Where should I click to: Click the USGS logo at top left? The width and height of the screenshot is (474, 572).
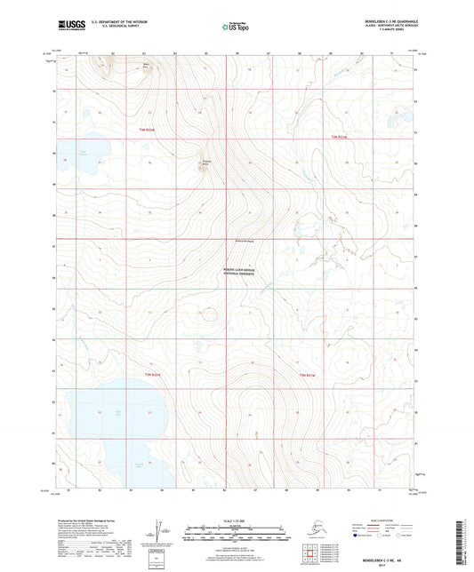[x=70, y=25]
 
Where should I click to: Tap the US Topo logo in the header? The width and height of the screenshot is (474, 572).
[x=236, y=28]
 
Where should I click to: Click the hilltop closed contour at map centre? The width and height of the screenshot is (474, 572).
[x=211, y=312]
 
